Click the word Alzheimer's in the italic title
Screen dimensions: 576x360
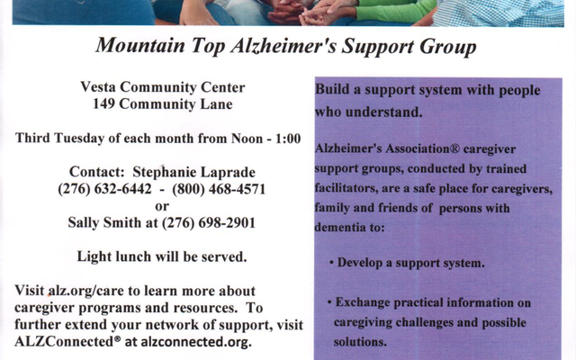coord(283,46)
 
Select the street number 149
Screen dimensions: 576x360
coord(103,104)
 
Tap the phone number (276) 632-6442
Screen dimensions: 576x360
coord(104,189)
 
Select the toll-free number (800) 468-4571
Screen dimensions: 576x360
coord(219,189)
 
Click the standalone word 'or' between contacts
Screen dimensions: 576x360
coord(162,206)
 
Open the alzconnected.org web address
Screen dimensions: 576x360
coord(196,342)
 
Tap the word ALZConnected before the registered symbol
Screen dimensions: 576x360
coord(65,342)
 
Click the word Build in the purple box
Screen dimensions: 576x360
coord(332,90)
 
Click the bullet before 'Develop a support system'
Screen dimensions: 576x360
coord(332,264)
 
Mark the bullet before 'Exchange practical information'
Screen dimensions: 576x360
coord(329,303)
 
